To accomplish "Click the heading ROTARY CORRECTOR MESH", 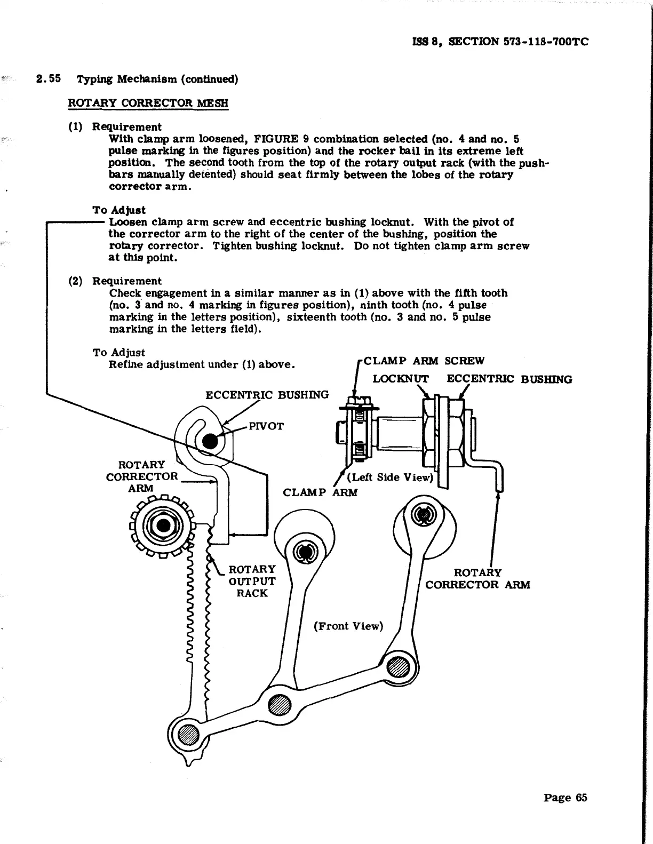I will pyautogui.click(x=148, y=103).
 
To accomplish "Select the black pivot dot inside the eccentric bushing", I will pyautogui.click(x=210, y=441).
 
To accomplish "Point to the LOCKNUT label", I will pyautogui.click(x=400, y=379).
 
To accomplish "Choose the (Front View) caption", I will pyautogui.click(x=348, y=626).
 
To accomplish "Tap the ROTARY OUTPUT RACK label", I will pyautogui.click(x=252, y=581).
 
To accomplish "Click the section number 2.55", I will pyautogui.click(x=49, y=79).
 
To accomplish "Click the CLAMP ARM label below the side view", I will pyautogui.click(x=320, y=492).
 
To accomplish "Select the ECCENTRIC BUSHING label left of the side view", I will pyautogui.click(x=267, y=395).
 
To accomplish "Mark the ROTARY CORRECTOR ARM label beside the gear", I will pyautogui.click(x=142, y=476).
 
